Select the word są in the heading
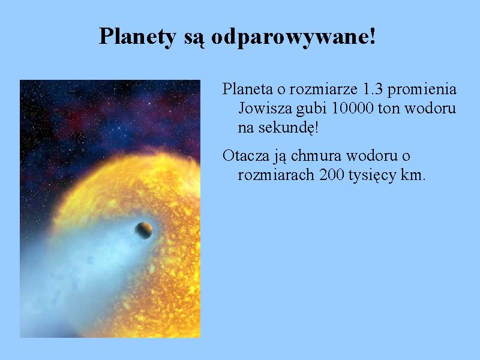click(194, 39)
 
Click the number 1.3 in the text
click(372, 89)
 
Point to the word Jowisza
click(265, 108)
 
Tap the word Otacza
click(246, 155)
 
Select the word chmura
click(316, 155)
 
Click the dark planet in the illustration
click(144, 230)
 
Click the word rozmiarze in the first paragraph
click(323, 89)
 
